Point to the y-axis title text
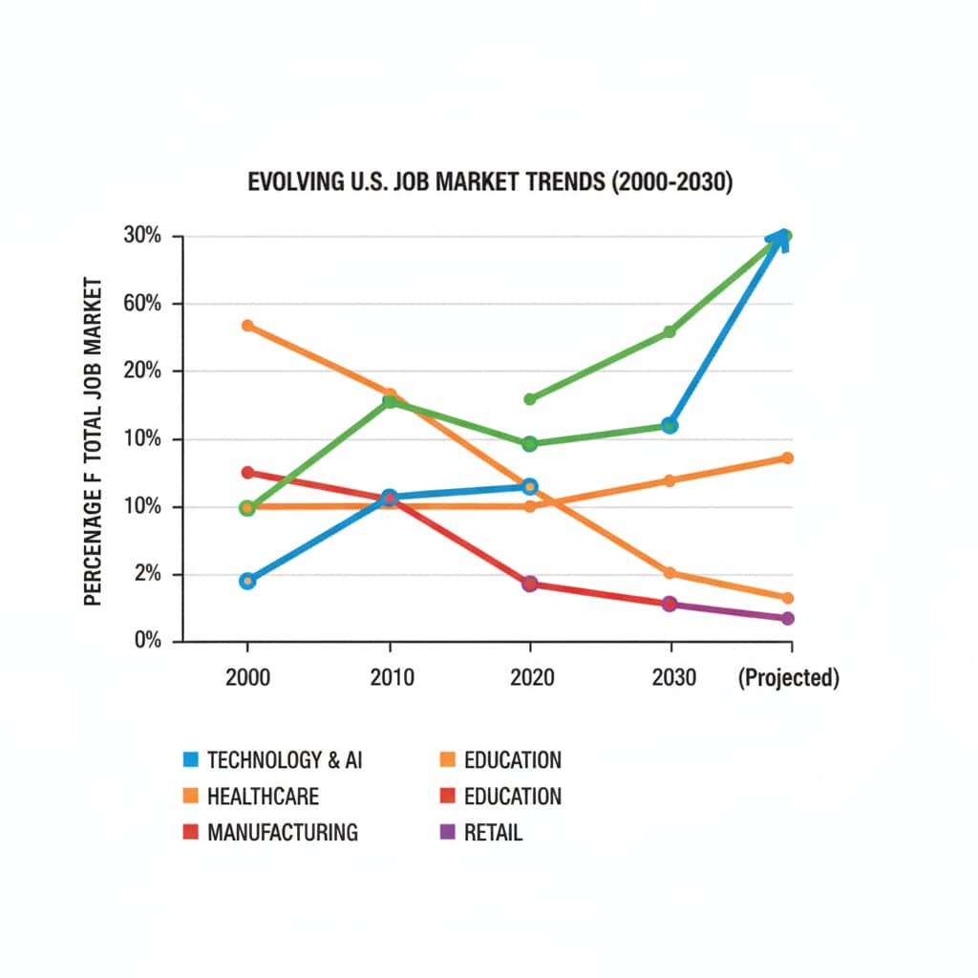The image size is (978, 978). pyautogui.click(x=93, y=440)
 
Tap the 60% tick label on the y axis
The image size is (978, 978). pyautogui.click(x=141, y=305)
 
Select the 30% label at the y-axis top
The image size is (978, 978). pyautogui.click(x=141, y=237)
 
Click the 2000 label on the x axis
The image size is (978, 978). pyautogui.click(x=247, y=678)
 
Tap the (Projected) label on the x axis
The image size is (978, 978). pyautogui.click(x=788, y=678)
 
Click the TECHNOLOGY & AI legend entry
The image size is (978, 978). pyautogui.click(x=285, y=760)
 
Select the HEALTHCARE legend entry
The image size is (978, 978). pyautogui.click(x=263, y=797)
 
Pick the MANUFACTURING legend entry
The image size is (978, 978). pyautogui.click(x=282, y=832)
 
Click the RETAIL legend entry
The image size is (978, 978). pyautogui.click(x=493, y=832)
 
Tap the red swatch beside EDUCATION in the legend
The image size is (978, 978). pyautogui.click(x=445, y=797)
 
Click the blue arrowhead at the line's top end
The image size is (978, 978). pyautogui.click(x=781, y=239)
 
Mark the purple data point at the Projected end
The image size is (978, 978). pyautogui.click(x=788, y=619)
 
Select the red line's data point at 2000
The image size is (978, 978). pyautogui.click(x=247, y=473)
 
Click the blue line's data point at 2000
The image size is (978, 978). pyautogui.click(x=247, y=581)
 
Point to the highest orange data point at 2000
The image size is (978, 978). pyautogui.click(x=247, y=326)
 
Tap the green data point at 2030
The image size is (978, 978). pyautogui.click(x=670, y=332)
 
